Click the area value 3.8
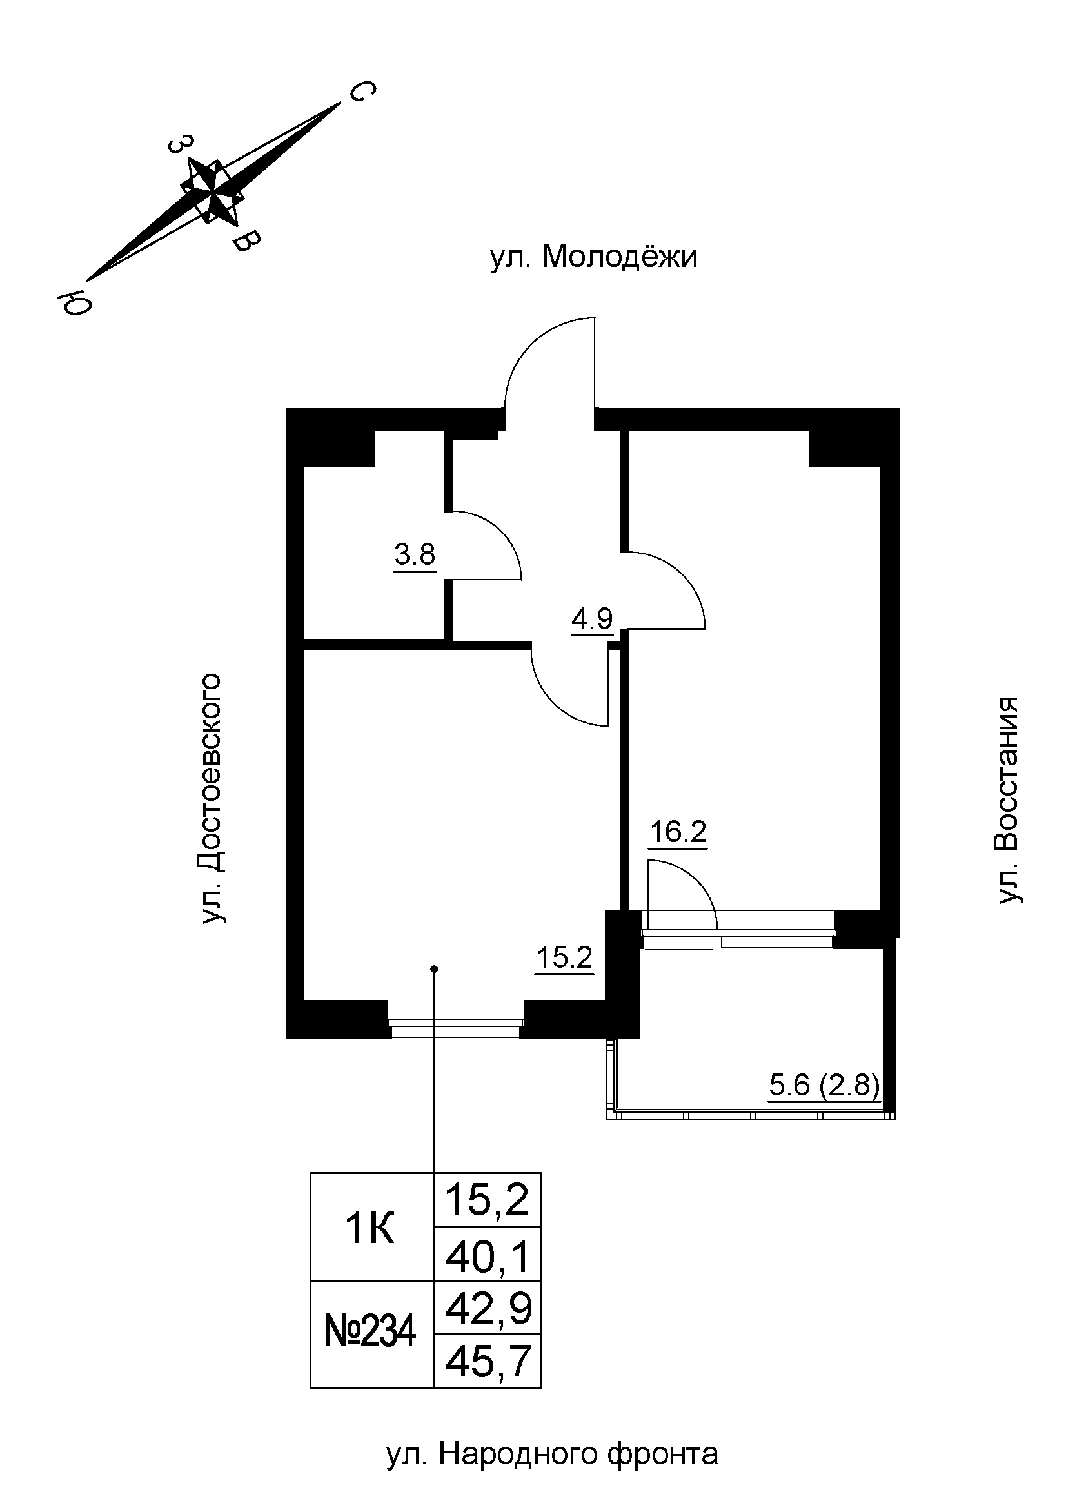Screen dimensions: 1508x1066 (x=415, y=556)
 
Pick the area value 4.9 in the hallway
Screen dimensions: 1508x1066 (x=591, y=620)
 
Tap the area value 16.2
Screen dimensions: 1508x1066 (x=678, y=833)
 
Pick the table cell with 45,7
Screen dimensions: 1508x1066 (x=488, y=1362)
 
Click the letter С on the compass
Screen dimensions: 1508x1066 (x=360, y=93)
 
